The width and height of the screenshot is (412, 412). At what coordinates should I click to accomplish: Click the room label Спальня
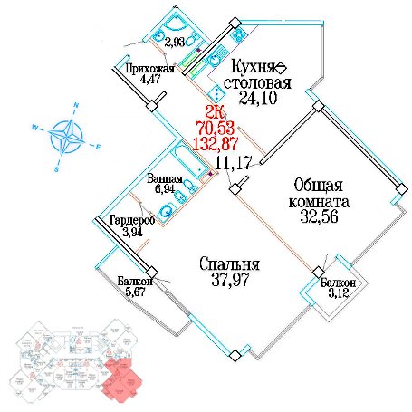coord(229,264)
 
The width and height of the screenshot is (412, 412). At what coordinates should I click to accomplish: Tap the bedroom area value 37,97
coord(230,279)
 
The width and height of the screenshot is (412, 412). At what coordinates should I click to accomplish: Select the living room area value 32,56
coord(319,216)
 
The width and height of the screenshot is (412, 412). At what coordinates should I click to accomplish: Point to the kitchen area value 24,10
coord(258,98)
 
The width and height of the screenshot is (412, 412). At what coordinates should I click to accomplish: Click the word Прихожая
coord(150,69)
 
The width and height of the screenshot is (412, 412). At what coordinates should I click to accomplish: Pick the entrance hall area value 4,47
coord(150,79)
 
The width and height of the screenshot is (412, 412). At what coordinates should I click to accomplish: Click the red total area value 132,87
coord(216,144)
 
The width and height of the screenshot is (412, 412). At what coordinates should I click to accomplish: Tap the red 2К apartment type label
coord(215,112)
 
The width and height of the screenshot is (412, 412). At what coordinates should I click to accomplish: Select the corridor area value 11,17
coord(233,163)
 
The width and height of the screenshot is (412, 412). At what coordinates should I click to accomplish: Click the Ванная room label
coord(165,178)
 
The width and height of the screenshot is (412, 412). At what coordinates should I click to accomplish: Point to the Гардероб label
coord(132,220)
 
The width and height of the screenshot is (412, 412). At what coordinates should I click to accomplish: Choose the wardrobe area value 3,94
coord(132,232)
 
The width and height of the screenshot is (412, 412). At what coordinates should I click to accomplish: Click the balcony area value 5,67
coord(135,292)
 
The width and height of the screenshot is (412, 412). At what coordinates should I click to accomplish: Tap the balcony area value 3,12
coord(339,292)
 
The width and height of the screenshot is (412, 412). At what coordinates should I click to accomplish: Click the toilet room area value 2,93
coord(175,42)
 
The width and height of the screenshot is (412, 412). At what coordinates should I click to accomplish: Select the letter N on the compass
coord(76,105)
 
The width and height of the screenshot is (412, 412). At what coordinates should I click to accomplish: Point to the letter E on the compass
coord(98,147)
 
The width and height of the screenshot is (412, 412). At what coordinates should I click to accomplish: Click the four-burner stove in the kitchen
coord(239,34)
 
